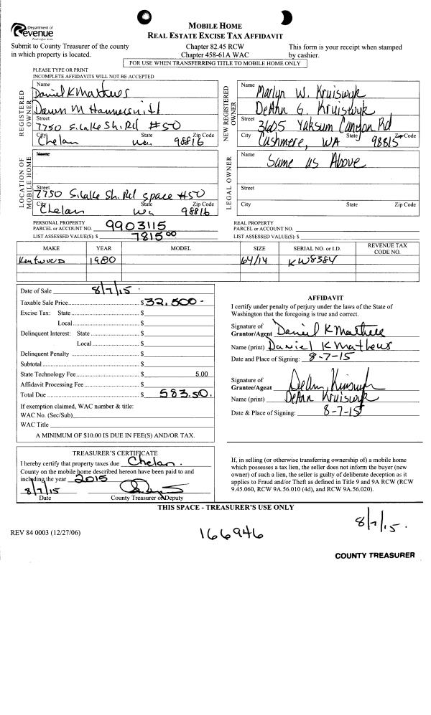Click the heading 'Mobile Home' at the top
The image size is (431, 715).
pyautogui.click(x=215, y=25)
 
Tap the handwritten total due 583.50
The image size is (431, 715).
pyautogui.click(x=184, y=394)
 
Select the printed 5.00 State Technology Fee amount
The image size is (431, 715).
pyautogui.click(x=201, y=374)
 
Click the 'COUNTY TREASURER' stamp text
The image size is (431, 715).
pyautogui.click(x=374, y=556)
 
